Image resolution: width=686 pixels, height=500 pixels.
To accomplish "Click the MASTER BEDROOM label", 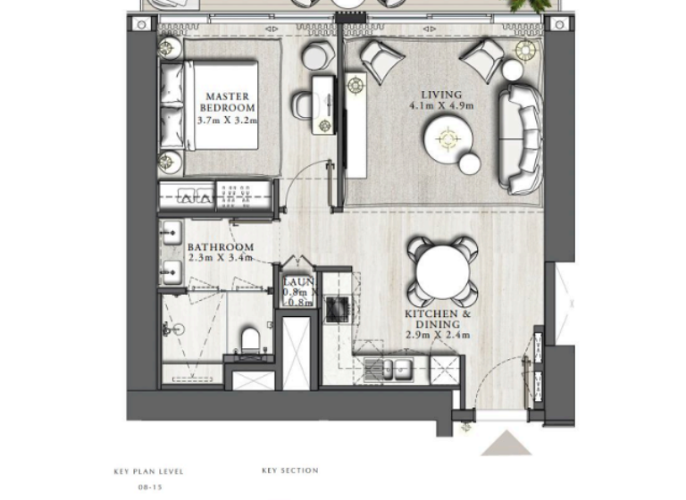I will [x=230, y=102].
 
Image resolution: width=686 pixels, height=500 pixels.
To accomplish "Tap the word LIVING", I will [x=441, y=94].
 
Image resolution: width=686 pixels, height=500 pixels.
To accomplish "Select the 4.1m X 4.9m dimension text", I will [x=441, y=105].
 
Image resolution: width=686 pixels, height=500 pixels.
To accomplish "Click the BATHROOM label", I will [x=220, y=247].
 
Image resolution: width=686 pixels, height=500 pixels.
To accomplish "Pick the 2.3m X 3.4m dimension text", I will [x=220, y=259].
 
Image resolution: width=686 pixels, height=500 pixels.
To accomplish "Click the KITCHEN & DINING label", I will [x=438, y=320].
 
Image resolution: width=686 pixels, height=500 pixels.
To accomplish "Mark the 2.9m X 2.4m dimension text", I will [x=438, y=337].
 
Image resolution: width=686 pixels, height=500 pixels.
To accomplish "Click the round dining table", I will [x=442, y=271].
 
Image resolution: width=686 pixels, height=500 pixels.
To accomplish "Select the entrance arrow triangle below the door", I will [x=506, y=444].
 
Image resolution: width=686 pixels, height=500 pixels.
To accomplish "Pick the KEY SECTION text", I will [x=289, y=471].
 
